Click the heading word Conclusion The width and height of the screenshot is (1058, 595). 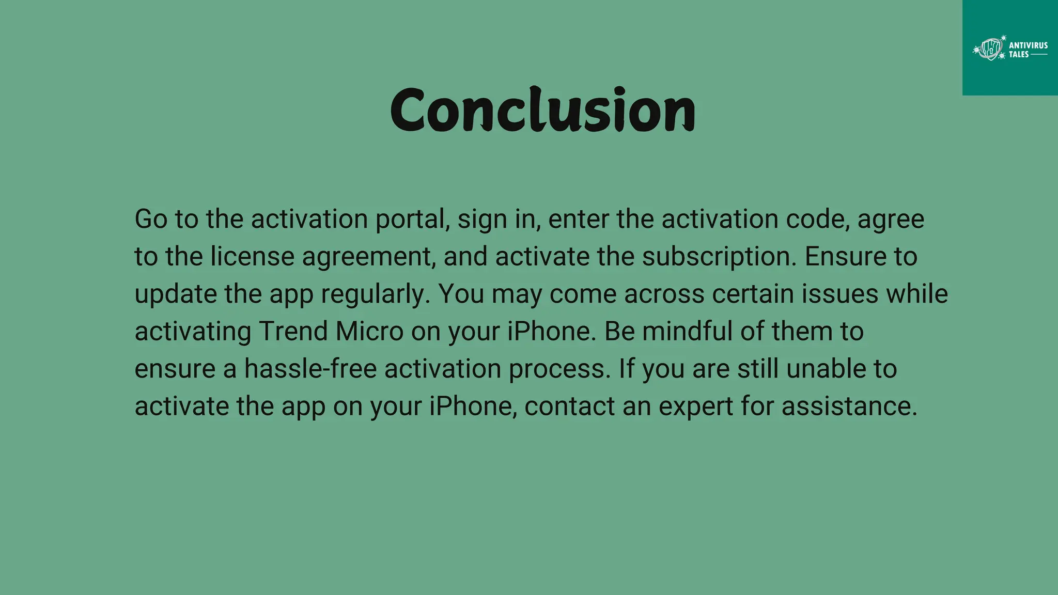click(542, 109)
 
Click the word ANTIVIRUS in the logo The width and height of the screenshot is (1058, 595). click(1028, 45)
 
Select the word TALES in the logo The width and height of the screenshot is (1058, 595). click(1019, 55)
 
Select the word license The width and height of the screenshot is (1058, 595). click(252, 257)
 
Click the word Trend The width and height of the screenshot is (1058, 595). click(293, 332)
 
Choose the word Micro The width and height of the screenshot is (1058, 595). click(369, 332)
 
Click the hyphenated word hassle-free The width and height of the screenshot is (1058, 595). click(310, 369)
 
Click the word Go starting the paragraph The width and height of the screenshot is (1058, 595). click(151, 219)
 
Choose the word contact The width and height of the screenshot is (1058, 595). click(569, 406)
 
